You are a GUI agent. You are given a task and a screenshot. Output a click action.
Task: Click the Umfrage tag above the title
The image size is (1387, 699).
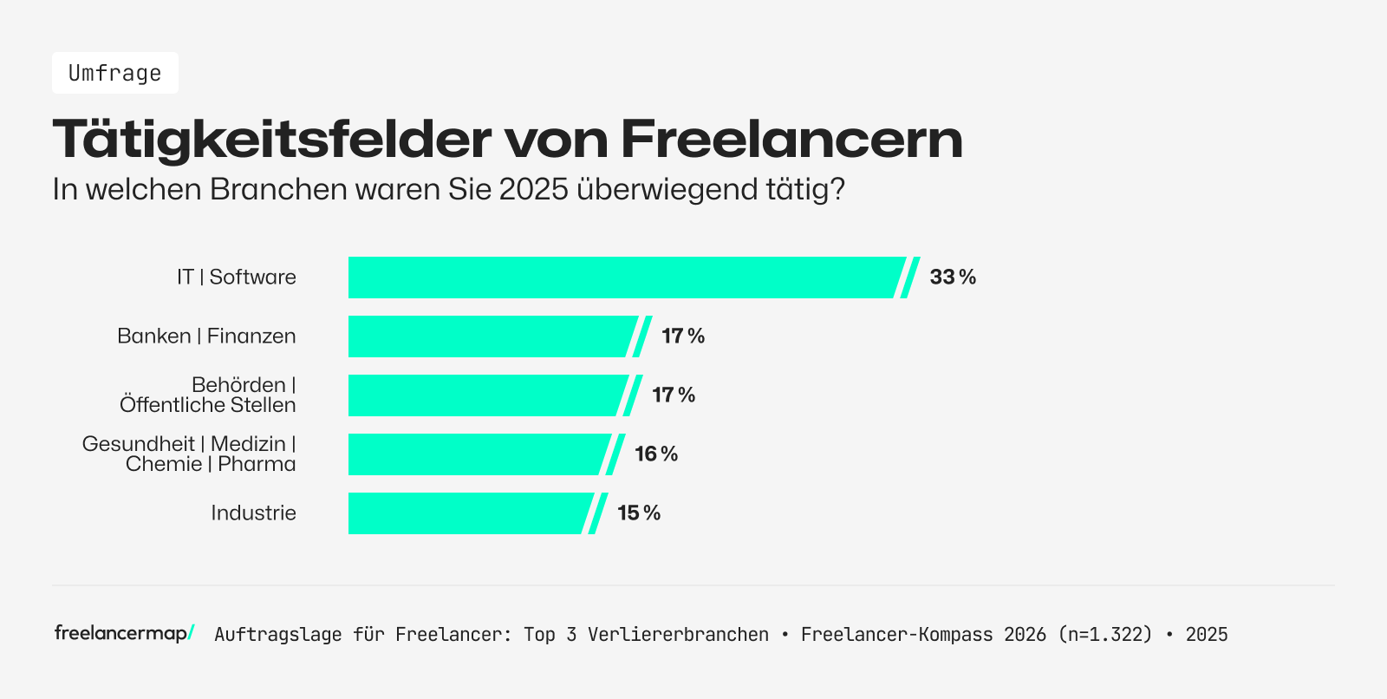pos(115,73)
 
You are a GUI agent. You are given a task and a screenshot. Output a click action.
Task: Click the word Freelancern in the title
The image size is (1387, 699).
pos(791,139)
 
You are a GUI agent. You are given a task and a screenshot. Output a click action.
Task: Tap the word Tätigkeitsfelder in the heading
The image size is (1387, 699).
pos(272,139)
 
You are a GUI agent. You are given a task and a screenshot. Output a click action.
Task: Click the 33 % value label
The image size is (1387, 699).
pos(953,278)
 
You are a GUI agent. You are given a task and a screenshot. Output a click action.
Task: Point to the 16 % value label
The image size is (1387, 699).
pos(656,454)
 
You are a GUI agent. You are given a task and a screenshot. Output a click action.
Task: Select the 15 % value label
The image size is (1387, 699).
pos(639,513)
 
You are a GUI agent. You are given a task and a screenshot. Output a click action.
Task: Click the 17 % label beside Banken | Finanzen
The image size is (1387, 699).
pos(683,336)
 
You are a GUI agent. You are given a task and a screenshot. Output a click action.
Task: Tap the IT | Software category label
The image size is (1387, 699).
pos(237,278)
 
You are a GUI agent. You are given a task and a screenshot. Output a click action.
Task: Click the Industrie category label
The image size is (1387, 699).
pos(253,513)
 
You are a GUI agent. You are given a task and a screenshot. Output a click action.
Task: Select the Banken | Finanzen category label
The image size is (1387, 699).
pos(206,336)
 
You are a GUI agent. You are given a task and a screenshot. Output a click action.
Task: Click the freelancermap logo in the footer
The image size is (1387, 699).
pos(124,633)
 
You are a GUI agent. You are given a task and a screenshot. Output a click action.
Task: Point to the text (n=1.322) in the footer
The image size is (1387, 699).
pos(1105,635)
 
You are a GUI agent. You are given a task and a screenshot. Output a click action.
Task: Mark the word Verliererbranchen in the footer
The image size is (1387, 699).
pos(678,635)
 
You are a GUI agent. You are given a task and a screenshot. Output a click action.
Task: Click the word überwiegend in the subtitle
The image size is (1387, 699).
pos(667,189)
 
